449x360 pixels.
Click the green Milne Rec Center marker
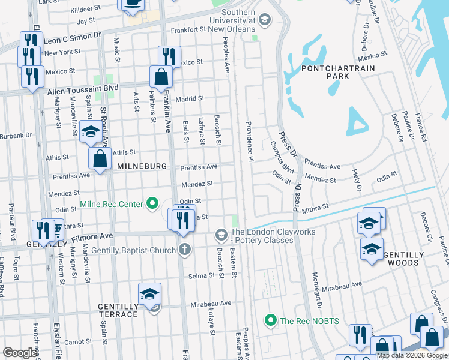tap(152, 205)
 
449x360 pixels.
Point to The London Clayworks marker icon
tap(221, 233)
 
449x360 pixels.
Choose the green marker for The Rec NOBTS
tap(271, 320)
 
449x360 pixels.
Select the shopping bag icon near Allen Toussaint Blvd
tap(161, 77)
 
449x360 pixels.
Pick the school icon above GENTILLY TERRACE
tap(149, 293)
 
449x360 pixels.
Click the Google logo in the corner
tap(20, 353)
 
